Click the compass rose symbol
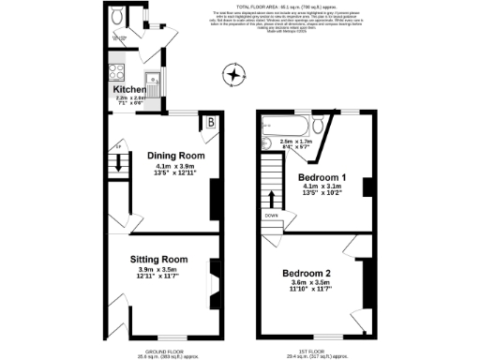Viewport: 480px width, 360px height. click(x=233, y=73)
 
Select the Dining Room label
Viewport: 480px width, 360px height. click(x=175, y=156)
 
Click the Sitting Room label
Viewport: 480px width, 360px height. click(x=163, y=259)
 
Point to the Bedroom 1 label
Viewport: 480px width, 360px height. click(x=322, y=177)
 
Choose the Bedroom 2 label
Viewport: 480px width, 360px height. click(x=307, y=274)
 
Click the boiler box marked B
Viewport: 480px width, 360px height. click(x=211, y=123)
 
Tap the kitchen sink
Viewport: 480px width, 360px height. click(x=150, y=79)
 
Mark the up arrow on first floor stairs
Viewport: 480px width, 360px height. click(x=273, y=199)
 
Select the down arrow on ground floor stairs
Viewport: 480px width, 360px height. click(x=119, y=161)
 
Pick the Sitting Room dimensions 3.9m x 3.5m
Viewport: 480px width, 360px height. click(x=163, y=270)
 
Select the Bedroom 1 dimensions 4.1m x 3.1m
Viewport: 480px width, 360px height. click(x=322, y=187)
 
